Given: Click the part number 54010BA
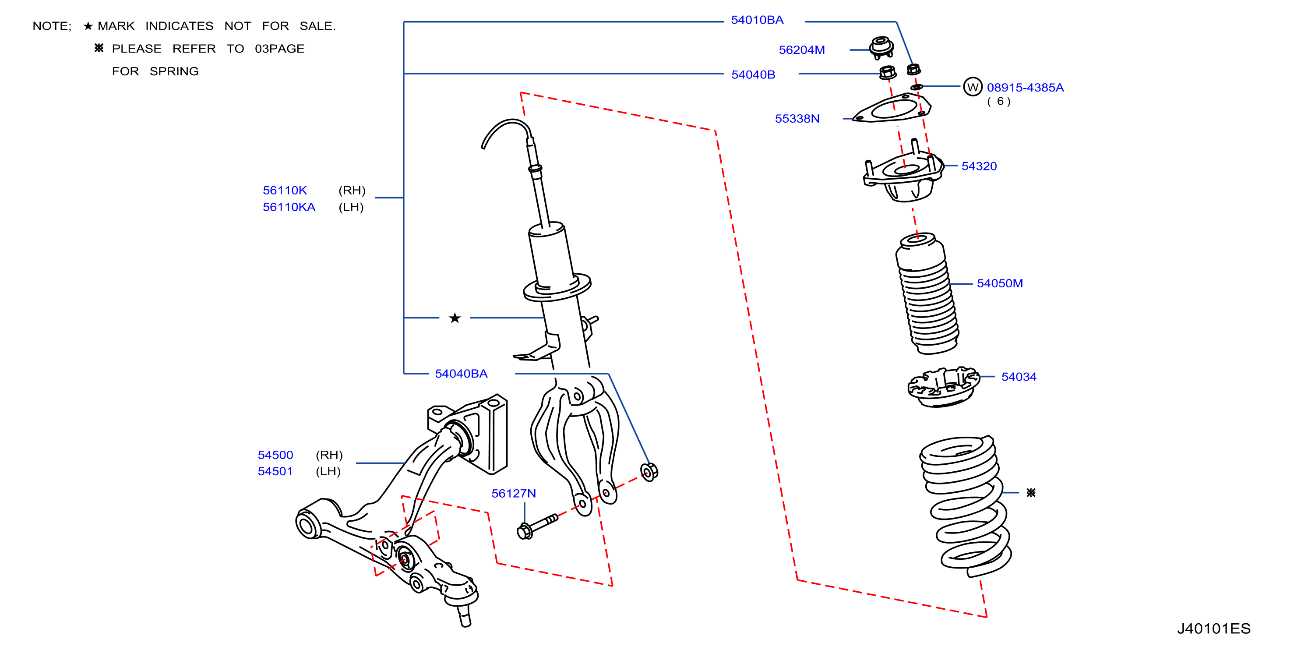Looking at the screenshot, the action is (757, 20).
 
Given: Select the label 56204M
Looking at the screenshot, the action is (801, 50).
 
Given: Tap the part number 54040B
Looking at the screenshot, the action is (753, 75).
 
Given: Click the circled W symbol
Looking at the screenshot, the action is (972, 87).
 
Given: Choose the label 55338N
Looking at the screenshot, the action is (797, 119).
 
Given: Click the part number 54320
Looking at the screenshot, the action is (979, 166).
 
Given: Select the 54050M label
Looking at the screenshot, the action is (999, 283).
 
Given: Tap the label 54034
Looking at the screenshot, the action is (1019, 377).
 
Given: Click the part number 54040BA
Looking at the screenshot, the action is (461, 374).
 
